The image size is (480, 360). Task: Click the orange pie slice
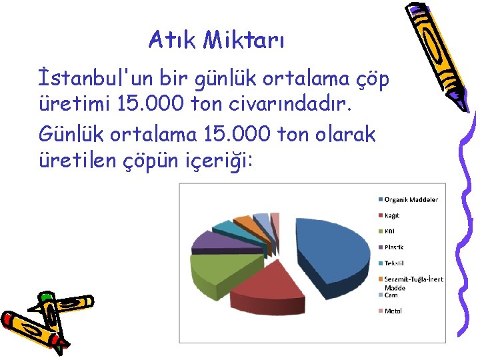click(246, 223)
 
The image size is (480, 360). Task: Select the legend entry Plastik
click(394, 247)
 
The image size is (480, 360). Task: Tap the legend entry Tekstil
click(394, 263)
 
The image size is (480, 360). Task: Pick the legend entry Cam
click(391, 295)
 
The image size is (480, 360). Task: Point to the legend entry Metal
click(393, 311)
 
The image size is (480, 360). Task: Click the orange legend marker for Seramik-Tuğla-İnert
click(381, 279)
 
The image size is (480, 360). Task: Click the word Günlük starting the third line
click(73, 134)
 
